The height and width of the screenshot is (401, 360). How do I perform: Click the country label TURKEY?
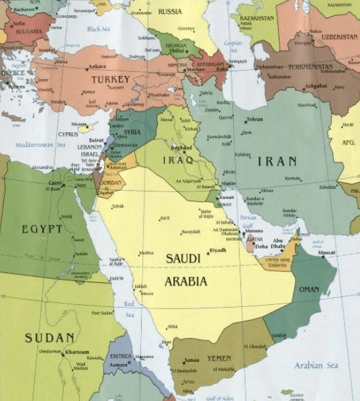110,79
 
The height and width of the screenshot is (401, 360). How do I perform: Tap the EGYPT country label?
42,230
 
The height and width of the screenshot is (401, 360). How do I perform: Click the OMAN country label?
309,289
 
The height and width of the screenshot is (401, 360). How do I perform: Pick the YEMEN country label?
218,358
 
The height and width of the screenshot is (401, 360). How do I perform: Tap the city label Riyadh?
218,250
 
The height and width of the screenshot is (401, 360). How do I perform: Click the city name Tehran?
255,120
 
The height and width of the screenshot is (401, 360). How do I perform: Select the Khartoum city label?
77,352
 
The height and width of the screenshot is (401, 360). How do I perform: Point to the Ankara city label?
97,66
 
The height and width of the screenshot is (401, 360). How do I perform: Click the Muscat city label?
326,253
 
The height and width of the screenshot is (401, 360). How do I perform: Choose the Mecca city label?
146,294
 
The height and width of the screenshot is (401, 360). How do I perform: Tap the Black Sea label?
98,29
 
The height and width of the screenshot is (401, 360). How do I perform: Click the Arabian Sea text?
316,365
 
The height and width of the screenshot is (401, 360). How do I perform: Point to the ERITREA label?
120,356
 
